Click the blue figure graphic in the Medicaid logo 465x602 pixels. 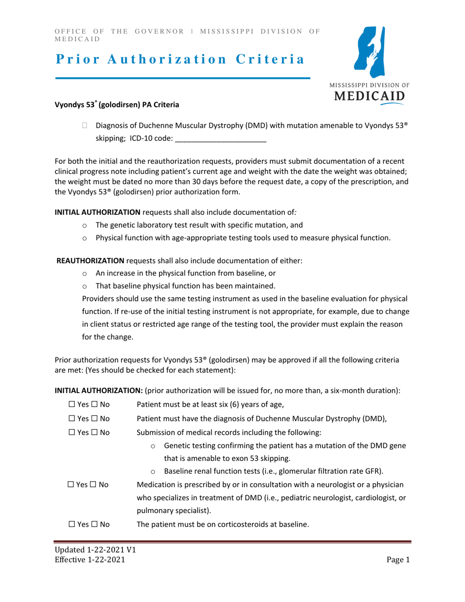371,52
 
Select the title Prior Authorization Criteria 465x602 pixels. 179,59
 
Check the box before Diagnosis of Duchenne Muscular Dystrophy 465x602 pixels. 85,126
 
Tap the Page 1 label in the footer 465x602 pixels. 397,561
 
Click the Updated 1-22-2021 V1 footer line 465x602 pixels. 95,550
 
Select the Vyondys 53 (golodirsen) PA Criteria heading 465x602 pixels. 116,105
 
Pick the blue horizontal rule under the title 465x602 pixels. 183,78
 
